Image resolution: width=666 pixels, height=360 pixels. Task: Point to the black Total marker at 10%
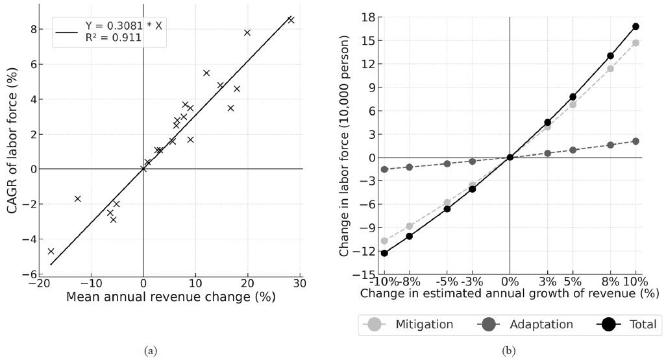click(x=635, y=27)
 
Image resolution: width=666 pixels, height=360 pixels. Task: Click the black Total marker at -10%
click(x=384, y=253)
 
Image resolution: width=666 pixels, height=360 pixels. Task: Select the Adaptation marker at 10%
click(x=635, y=141)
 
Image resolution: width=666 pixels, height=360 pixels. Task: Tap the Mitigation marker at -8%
click(x=409, y=226)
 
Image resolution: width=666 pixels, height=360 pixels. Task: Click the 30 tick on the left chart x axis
click(x=299, y=284)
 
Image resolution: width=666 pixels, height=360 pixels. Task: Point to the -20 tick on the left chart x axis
click(x=39, y=284)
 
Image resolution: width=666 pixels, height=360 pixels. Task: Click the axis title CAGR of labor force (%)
click(x=12, y=143)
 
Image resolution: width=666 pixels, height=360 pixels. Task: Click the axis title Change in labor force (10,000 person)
click(x=346, y=146)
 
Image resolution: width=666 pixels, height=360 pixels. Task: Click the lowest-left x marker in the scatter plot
click(x=51, y=251)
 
